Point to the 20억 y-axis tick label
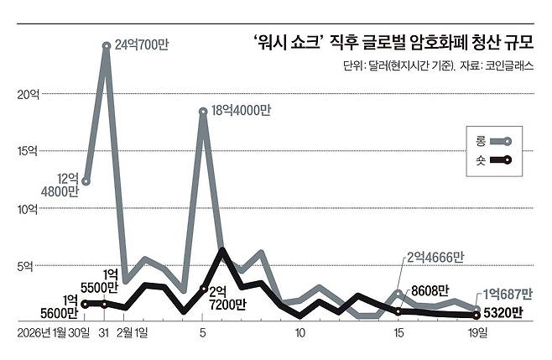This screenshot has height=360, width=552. [27, 95]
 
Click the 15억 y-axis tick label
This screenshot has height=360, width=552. [27, 152]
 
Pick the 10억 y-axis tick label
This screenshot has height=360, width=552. [27, 209]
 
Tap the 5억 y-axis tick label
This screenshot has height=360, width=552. [27, 266]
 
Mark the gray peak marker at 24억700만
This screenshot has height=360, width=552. [106, 46]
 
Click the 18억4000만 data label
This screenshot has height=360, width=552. [242, 110]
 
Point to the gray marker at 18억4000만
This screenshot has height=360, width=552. [203, 111]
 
